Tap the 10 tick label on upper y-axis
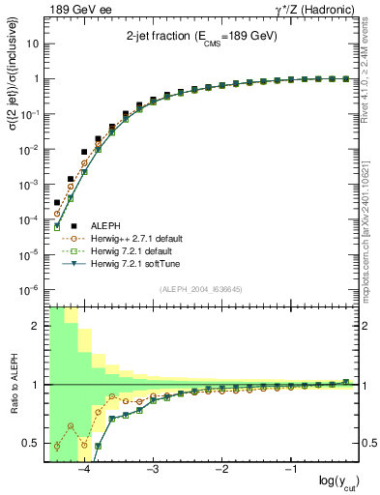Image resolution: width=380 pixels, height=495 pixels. point(32,44)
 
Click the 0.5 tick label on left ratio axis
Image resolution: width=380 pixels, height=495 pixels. point(30,444)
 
